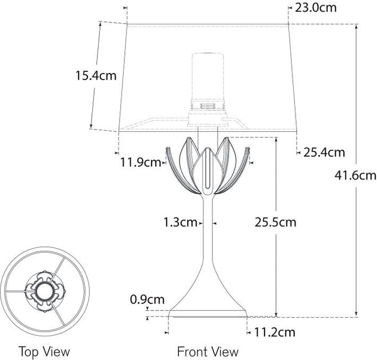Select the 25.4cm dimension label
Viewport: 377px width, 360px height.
click(324, 152)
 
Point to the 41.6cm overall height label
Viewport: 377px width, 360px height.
click(355, 175)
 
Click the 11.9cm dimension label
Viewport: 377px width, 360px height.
click(141, 162)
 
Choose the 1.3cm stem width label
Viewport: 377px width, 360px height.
click(180, 223)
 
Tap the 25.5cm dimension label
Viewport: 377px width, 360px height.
click(275, 223)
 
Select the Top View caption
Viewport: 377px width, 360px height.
click(44, 351)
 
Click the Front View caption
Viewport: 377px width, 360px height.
click(208, 351)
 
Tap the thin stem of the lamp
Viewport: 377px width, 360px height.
click(208, 238)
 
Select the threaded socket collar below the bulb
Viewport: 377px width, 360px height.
click(208, 105)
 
